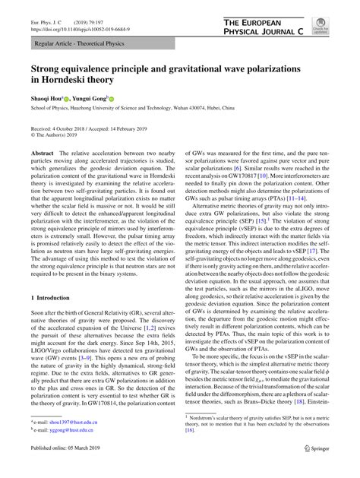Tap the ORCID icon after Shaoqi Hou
(x=67, y=99)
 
